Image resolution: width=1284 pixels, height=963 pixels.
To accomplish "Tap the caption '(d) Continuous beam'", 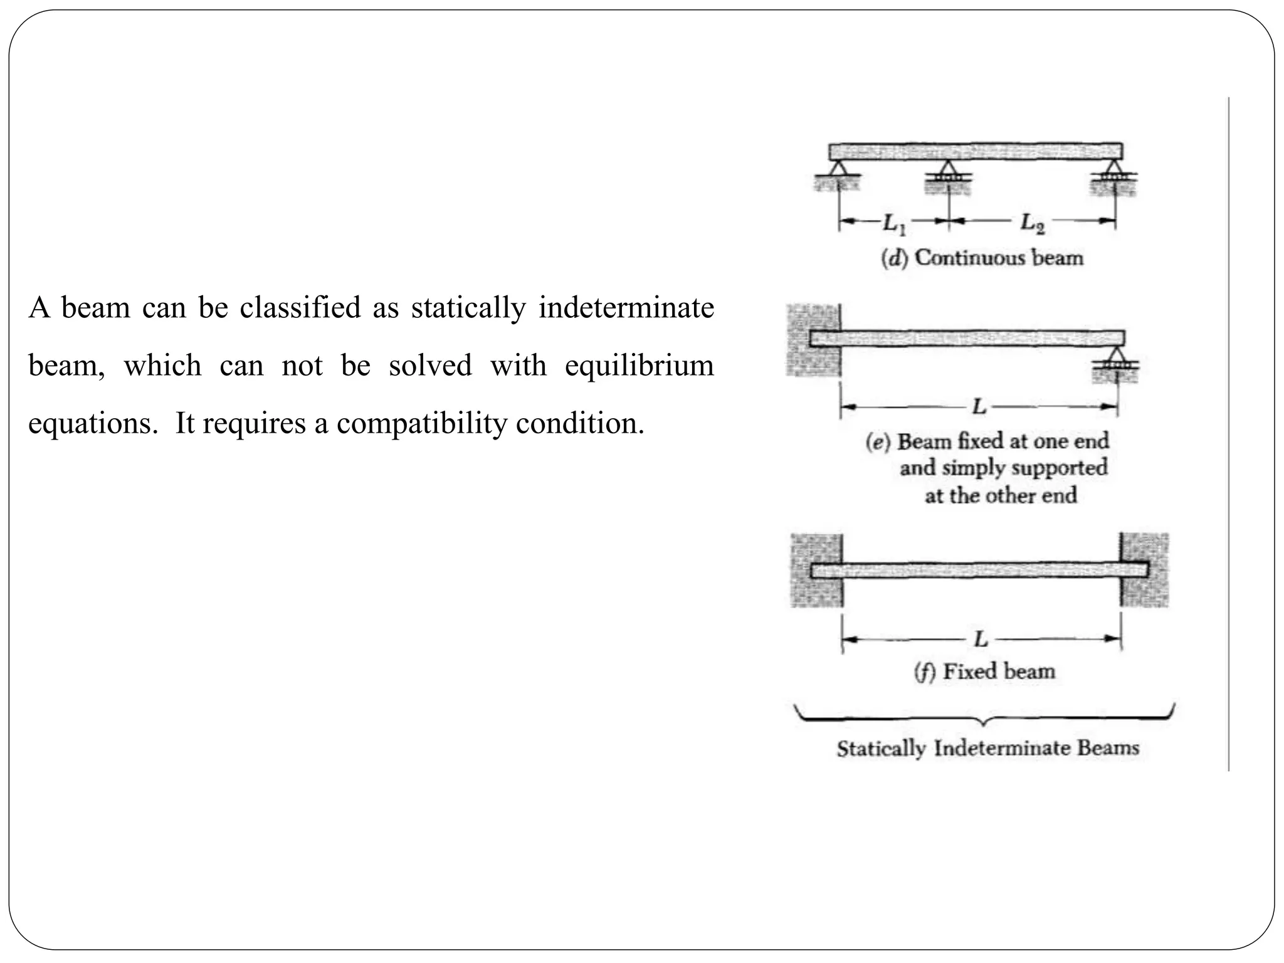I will (982, 258).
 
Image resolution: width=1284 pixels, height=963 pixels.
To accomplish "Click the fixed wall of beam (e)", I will (813, 340).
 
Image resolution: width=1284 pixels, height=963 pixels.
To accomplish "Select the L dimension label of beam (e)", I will (979, 408).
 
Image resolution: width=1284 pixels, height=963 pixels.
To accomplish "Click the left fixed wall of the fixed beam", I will (816, 570).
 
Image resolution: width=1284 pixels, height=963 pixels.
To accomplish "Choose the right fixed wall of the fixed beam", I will (1145, 570).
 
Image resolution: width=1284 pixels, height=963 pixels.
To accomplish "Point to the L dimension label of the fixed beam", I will (981, 639).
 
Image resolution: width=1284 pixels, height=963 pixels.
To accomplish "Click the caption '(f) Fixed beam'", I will (984, 671).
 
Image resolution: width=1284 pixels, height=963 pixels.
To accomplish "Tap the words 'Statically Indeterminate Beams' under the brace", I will (987, 748).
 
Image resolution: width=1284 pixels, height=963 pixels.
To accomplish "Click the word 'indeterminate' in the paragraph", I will (626, 308).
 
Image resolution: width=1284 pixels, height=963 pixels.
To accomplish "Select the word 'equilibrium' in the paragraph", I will (639, 366).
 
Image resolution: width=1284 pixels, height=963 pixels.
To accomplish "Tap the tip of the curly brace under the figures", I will (984, 724).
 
